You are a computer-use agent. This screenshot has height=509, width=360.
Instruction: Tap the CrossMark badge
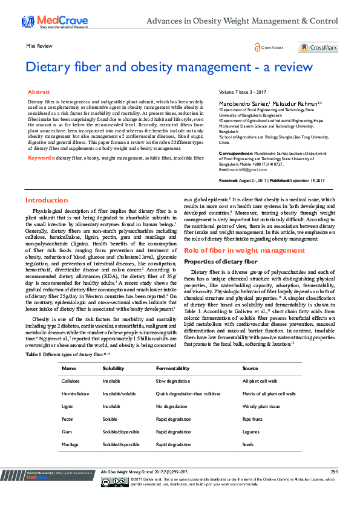(x=318, y=47)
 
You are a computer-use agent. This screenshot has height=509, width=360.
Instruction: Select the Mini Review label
(x=38, y=45)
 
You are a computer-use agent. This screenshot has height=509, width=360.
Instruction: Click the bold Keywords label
(x=41, y=157)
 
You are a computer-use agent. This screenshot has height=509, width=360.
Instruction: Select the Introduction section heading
(x=47, y=200)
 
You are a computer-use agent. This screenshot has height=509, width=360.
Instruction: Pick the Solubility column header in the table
(x=113, y=368)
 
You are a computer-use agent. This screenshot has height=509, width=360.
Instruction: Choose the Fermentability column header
(x=172, y=368)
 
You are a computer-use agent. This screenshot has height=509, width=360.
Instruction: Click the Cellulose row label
(x=71, y=381)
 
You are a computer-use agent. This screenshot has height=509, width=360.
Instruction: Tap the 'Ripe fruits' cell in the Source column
(x=253, y=418)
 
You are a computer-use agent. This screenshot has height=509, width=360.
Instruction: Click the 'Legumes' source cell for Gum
(x=250, y=432)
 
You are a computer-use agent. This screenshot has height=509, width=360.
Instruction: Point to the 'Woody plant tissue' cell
(x=261, y=406)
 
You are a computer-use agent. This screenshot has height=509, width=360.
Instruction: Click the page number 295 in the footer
(x=334, y=471)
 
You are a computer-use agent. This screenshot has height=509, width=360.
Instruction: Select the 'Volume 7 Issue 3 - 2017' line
(x=243, y=93)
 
